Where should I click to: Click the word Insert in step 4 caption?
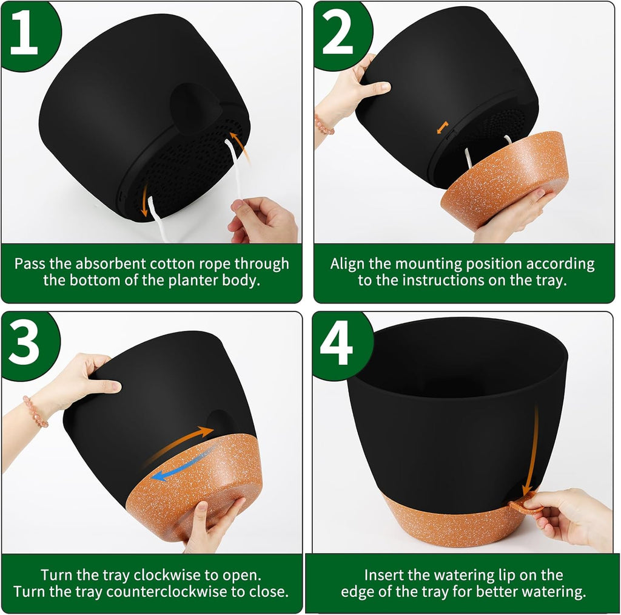tap(384, 575)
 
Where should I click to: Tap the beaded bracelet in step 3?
tap(35, 411)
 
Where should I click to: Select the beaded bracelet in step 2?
tap(324, 124)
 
